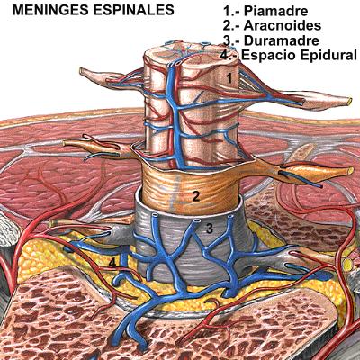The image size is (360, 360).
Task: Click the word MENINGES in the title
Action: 50,10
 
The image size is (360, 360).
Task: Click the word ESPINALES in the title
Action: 134,10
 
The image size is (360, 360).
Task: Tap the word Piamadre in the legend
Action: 275,11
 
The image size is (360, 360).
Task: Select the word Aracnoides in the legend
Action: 283,26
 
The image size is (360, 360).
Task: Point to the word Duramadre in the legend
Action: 281,40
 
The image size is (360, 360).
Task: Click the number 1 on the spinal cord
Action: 229,78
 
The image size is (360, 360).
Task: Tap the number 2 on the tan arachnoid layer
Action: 196,196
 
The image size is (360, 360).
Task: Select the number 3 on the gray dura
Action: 210,229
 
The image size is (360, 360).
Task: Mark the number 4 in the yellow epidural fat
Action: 112,263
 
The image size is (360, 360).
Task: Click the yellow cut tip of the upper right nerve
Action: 349,101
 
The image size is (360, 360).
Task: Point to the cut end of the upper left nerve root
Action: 82,72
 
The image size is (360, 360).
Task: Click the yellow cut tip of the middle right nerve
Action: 350,171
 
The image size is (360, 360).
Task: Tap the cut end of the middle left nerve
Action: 65,143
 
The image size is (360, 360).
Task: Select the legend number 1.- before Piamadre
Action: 231,11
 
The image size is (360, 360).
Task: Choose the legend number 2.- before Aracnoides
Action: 231,26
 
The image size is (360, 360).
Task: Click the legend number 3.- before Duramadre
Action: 231,40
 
